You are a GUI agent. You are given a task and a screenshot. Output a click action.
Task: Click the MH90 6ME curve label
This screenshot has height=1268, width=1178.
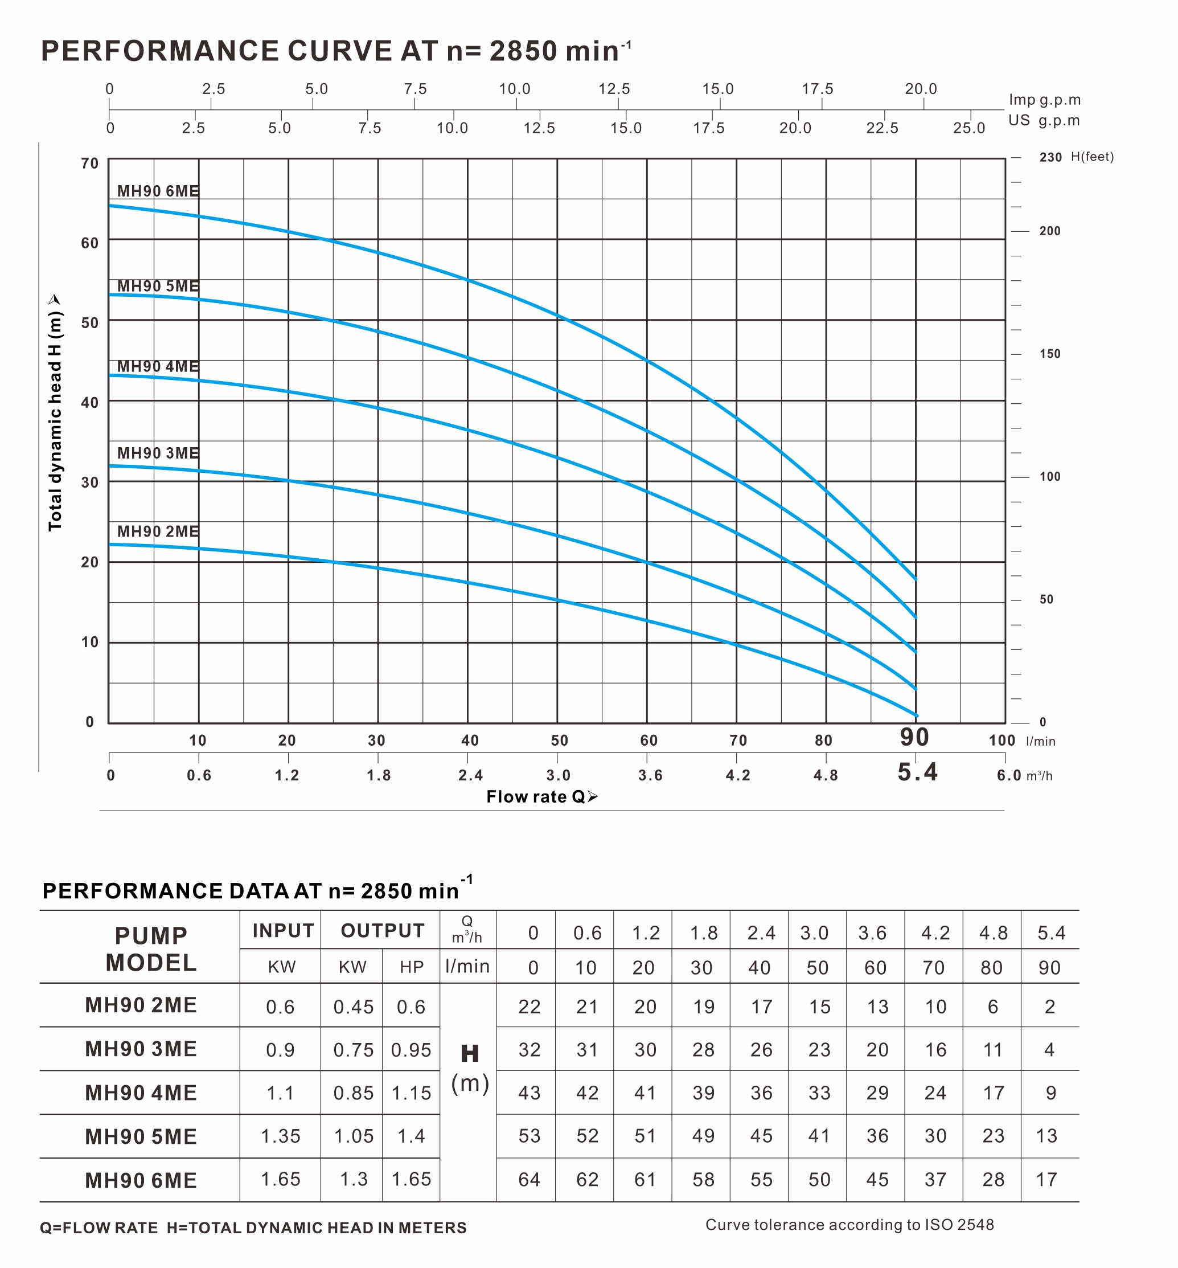point(158,191)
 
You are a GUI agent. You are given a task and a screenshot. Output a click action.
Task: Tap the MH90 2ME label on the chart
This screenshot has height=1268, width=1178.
point(158,531)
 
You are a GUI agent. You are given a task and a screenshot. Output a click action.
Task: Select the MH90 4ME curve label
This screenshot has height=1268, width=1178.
point(158,367)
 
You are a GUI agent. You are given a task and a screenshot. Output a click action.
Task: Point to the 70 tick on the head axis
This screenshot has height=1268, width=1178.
point(90,163)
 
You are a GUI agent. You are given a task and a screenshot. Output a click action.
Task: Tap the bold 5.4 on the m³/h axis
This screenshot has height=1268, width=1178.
point(917,772)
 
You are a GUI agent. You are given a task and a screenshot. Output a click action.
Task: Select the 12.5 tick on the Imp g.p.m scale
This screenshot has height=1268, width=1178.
point(614,89)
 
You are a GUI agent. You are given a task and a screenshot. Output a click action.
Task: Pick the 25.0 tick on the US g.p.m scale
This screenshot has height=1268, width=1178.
point(969,128)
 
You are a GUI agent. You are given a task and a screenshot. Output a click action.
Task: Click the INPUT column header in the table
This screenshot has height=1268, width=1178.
point(283,931)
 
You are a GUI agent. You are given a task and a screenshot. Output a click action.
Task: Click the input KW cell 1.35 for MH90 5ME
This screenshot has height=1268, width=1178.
point(281,1136)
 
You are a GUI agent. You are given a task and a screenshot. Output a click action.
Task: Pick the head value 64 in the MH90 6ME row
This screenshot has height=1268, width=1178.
point(529,1179)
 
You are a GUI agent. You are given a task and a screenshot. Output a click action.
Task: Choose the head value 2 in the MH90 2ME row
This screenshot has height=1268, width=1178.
point(1049,1007)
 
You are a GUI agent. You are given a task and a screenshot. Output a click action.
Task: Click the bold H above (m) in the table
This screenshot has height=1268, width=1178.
point(470,1054)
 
